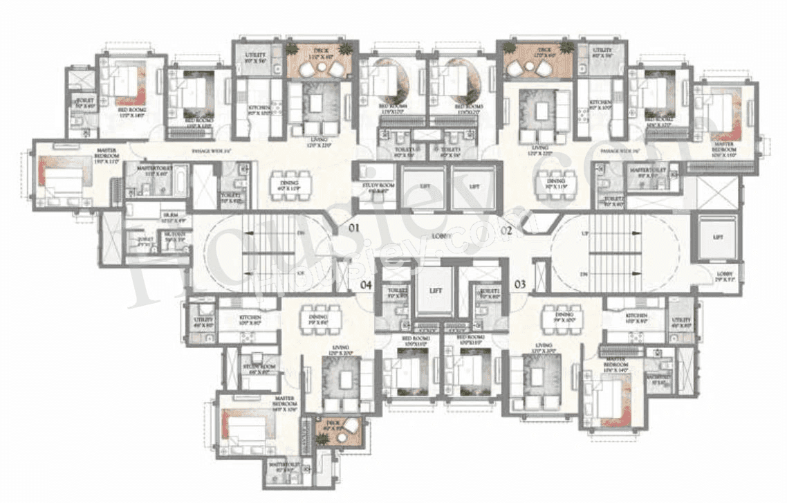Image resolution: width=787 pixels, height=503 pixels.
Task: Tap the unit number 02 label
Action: pyautogui.click(x=506, y=231)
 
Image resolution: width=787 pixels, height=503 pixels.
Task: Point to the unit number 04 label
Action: pyautogui.click(x=367, y=284)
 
